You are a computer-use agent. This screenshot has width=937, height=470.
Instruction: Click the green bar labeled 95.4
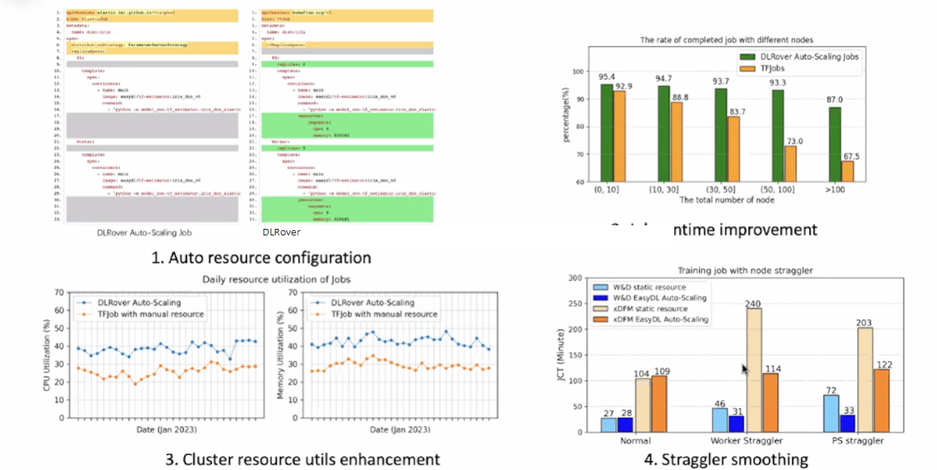pyautogui.click(x=606, y=132)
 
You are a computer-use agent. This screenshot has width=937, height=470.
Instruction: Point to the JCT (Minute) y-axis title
pyautogui.click(x=564, y=354)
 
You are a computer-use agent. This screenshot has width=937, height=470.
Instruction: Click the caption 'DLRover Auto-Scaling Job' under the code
pyautogui.click(x=144, y=232)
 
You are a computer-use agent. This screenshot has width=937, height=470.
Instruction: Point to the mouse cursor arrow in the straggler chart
pyautogui.click(x=745, y=370)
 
